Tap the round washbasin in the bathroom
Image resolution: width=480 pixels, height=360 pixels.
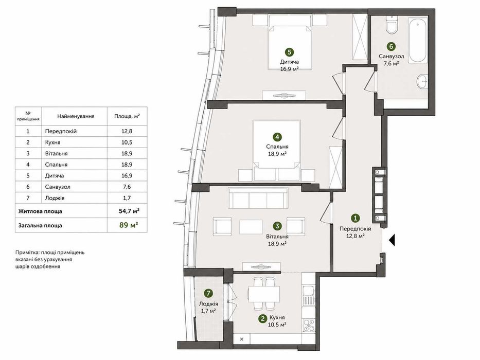423,81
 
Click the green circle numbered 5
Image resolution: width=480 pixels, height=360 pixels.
289,52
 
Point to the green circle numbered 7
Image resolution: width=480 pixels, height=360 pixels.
208,294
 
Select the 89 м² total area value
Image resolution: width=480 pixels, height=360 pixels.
129,225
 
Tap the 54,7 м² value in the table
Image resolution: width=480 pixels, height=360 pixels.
129,211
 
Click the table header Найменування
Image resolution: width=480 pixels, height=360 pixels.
76,116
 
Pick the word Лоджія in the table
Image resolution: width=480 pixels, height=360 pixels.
55,198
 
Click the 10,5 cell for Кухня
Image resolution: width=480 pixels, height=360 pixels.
127,142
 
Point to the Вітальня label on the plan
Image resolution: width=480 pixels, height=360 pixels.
277,237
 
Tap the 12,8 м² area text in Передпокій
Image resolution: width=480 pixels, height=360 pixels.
355,236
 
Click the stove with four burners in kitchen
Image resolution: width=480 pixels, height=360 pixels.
308,325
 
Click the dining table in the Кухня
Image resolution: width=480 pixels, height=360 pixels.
264,294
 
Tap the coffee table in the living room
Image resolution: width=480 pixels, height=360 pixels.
251,227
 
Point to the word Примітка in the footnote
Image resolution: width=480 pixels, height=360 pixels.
27,253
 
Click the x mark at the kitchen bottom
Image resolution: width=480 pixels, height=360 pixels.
241,339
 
